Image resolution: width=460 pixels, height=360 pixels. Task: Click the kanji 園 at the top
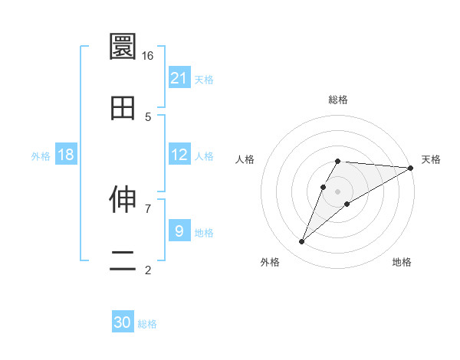tap(123, 47)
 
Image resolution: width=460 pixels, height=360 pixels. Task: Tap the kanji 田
tap(123, 109)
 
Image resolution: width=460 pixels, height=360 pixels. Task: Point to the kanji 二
tap(123, 261)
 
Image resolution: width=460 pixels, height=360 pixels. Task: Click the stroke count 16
tap(148, 56)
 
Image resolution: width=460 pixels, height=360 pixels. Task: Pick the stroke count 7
tap(148, 208)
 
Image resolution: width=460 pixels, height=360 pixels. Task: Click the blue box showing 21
tap(179, 77)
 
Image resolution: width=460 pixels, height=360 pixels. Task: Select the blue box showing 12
tap(179, 155)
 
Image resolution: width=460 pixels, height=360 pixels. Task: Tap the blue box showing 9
tap(179, 231)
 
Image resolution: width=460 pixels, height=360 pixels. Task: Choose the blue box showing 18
tap(66, 155)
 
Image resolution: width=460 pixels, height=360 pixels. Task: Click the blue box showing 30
tap(123, 322)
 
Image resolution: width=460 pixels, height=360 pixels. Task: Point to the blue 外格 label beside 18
tap(41, 156)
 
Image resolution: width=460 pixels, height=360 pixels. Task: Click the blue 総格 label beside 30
tap(147, 324)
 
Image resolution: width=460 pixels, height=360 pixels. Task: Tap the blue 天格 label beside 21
tap(204, 79)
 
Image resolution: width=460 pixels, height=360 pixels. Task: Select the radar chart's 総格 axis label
tap(337, 100)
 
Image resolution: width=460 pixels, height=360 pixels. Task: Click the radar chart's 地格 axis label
tap(402, 262)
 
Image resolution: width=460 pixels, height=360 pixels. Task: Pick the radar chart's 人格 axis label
tap(245, 159)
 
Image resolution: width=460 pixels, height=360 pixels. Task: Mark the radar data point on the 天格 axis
tap(411, 168)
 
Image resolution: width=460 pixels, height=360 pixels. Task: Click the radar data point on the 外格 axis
tap(302, 242)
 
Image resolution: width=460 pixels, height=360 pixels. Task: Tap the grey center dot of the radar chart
tap(337, 191)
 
